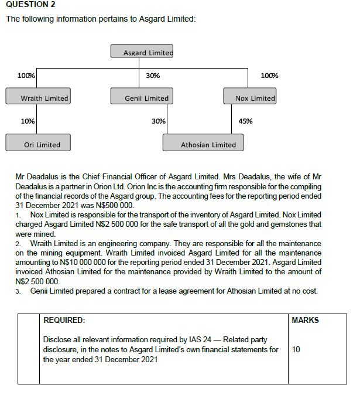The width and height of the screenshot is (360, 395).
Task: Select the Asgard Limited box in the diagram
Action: [142, 52]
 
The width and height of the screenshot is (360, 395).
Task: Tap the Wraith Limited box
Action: [38, 97]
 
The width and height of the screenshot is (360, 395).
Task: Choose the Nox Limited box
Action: [249, 97]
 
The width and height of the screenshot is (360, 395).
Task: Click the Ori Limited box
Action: [38, 144]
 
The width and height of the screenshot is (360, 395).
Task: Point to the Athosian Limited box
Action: [203, 144]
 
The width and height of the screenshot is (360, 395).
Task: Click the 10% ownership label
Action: [27, 121]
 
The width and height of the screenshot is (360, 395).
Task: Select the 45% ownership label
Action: [245, 121]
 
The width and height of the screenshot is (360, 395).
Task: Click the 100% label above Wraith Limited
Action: [26, 76]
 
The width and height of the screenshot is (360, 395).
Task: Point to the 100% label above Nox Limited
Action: [269, 76]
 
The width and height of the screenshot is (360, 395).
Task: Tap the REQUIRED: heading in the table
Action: [64, 320]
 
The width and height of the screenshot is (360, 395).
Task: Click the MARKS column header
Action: [305, 320]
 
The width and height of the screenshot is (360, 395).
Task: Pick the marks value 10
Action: [296, 349]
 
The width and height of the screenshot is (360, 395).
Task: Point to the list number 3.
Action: [18, 291]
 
